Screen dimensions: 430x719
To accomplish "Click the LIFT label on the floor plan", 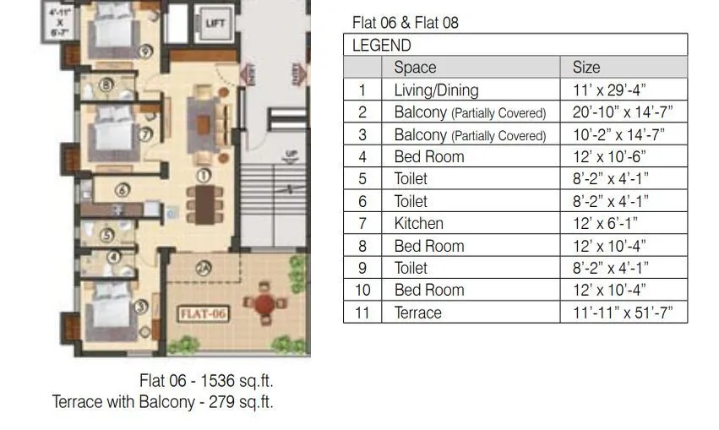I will [x=215, y=24].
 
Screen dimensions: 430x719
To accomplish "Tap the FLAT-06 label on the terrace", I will [x=203, y=313].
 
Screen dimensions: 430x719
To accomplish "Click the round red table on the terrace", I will [x=264, y=302].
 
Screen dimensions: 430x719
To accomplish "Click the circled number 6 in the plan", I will [x=123, y=190].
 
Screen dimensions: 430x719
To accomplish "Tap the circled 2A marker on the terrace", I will [x=204, y=269].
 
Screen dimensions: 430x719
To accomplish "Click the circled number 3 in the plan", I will [x=141, y=307].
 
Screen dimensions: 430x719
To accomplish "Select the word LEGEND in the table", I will [x=381, y=46].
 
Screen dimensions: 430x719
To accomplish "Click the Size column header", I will [x=586, y=68].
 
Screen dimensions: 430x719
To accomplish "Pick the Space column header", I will [x=415, y=68].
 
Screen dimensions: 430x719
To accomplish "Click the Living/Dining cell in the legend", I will [x=436, y=90].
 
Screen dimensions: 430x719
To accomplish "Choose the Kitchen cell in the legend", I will [x=418, y=224].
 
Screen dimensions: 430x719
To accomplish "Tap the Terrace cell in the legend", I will [x=417, y=313].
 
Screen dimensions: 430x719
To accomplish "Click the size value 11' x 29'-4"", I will [x=609, y=90].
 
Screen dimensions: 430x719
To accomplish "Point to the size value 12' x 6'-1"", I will [x=605, y=224].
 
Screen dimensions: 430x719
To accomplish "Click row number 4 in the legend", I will [x=362, y=157].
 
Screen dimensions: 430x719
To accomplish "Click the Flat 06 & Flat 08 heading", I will [x=405, y=23].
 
